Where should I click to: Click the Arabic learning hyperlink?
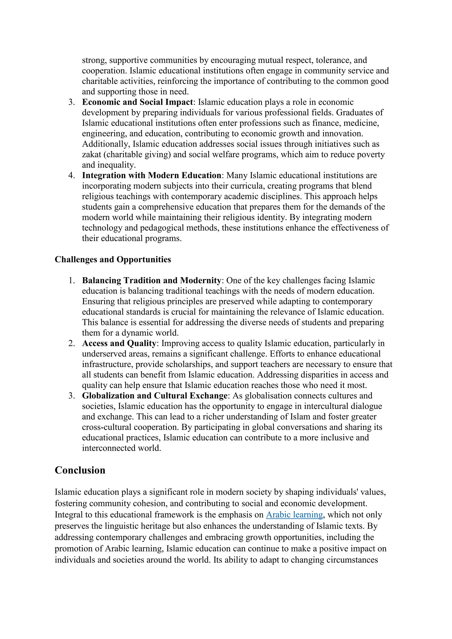click(294, 515)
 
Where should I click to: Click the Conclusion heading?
click(80, 470)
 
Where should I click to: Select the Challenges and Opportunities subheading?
click(113, 259)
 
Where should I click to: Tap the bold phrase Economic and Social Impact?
click(137, 102)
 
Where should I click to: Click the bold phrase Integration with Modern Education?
click(151, 175)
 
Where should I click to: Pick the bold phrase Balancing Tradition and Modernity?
click(151, 280)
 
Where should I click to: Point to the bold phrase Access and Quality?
click(119, 343)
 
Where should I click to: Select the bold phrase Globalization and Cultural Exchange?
click(155, 395)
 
